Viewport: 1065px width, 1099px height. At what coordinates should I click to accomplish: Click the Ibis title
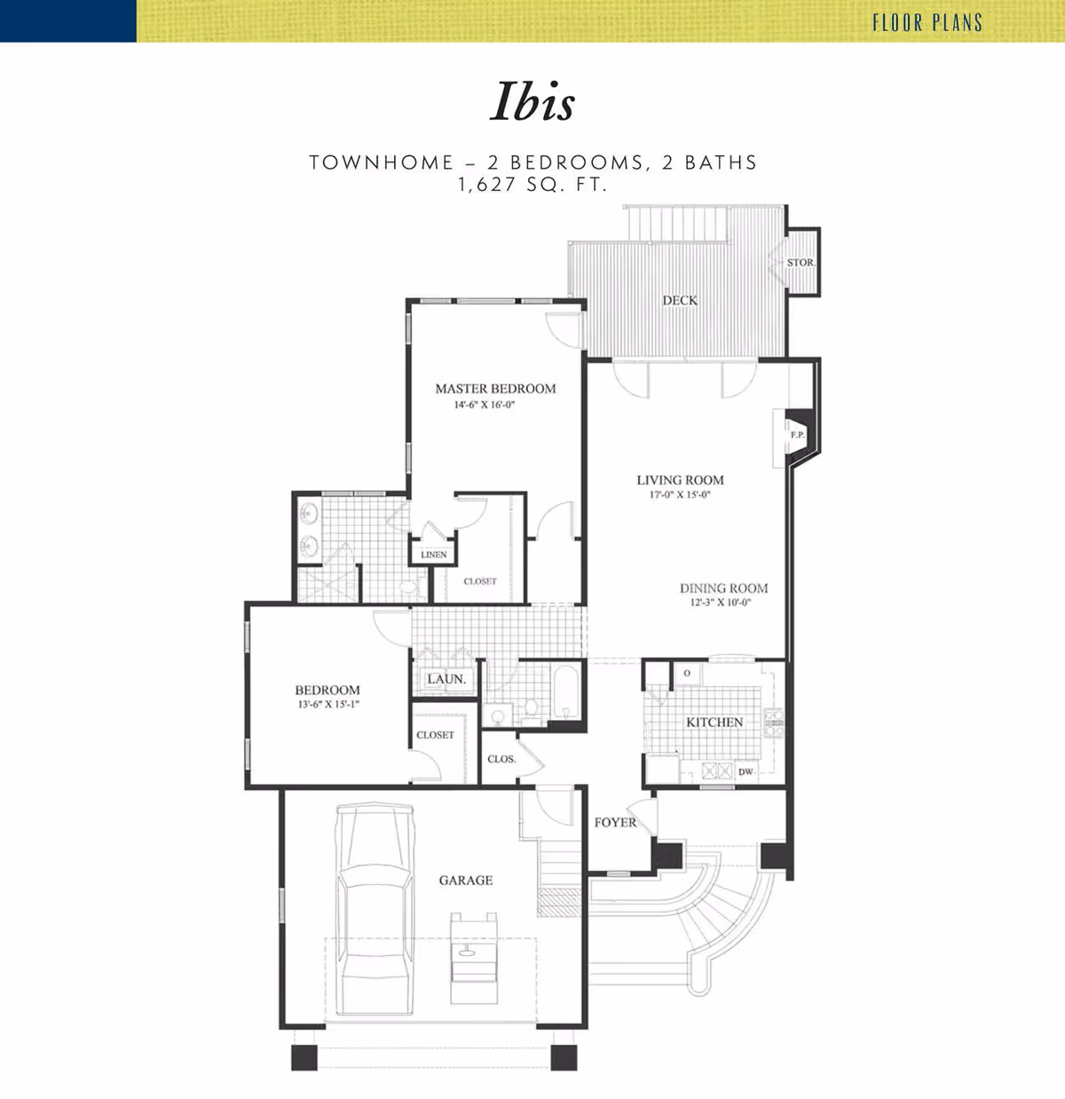[532, 102]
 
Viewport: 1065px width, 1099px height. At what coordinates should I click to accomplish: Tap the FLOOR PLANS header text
[927, 22]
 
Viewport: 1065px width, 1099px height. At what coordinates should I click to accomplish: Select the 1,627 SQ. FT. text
[532, 185]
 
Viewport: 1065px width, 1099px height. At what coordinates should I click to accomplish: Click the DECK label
[680, 300]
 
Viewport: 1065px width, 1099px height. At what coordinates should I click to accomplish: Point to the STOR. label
[801, 263]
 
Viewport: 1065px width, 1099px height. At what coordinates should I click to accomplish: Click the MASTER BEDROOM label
[495, 389]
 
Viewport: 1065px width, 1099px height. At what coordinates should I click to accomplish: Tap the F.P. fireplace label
[797, 435]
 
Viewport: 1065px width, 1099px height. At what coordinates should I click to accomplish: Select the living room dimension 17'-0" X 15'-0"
[680, 494]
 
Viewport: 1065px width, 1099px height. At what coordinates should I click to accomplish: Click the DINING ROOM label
[723, 589]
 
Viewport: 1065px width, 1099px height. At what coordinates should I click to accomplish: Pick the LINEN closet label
[434, 555]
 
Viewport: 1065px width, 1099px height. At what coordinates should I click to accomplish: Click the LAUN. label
[446, 679]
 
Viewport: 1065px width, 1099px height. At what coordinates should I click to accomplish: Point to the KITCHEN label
[714, 723]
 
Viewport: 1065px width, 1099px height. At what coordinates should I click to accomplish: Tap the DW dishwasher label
[745, 771]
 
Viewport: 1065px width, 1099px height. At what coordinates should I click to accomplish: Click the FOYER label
[615, 823]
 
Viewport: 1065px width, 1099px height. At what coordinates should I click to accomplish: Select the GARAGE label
[466, 880]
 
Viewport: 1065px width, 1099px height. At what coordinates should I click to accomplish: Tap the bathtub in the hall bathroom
[566, 692]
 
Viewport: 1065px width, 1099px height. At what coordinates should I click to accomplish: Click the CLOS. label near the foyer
[501, 759]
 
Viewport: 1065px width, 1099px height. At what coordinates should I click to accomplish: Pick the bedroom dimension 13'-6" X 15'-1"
[328, 704]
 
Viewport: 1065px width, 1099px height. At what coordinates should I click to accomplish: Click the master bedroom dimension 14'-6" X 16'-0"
[485, 405]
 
